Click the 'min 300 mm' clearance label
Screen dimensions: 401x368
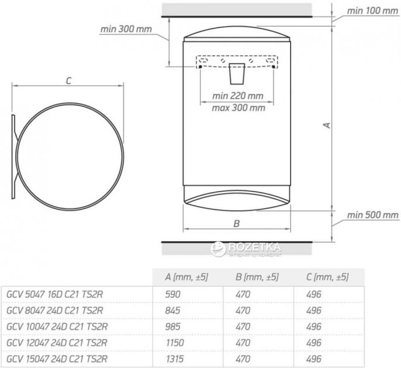tap(126, 29)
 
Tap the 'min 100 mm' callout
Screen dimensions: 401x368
tap(372, 11)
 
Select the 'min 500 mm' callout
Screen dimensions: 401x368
tap(372, 215)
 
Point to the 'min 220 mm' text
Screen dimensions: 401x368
tap(237, 96)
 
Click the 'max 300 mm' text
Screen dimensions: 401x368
tap(238, 108)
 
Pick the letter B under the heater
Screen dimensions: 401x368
tap(237, 224)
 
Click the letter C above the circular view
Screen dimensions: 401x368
tap(68, 81)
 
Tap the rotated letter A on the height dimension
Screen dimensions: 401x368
tap(327, 125)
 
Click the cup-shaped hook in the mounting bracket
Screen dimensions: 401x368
tap(237, 74)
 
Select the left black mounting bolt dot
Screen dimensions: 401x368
tap(200, 67)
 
